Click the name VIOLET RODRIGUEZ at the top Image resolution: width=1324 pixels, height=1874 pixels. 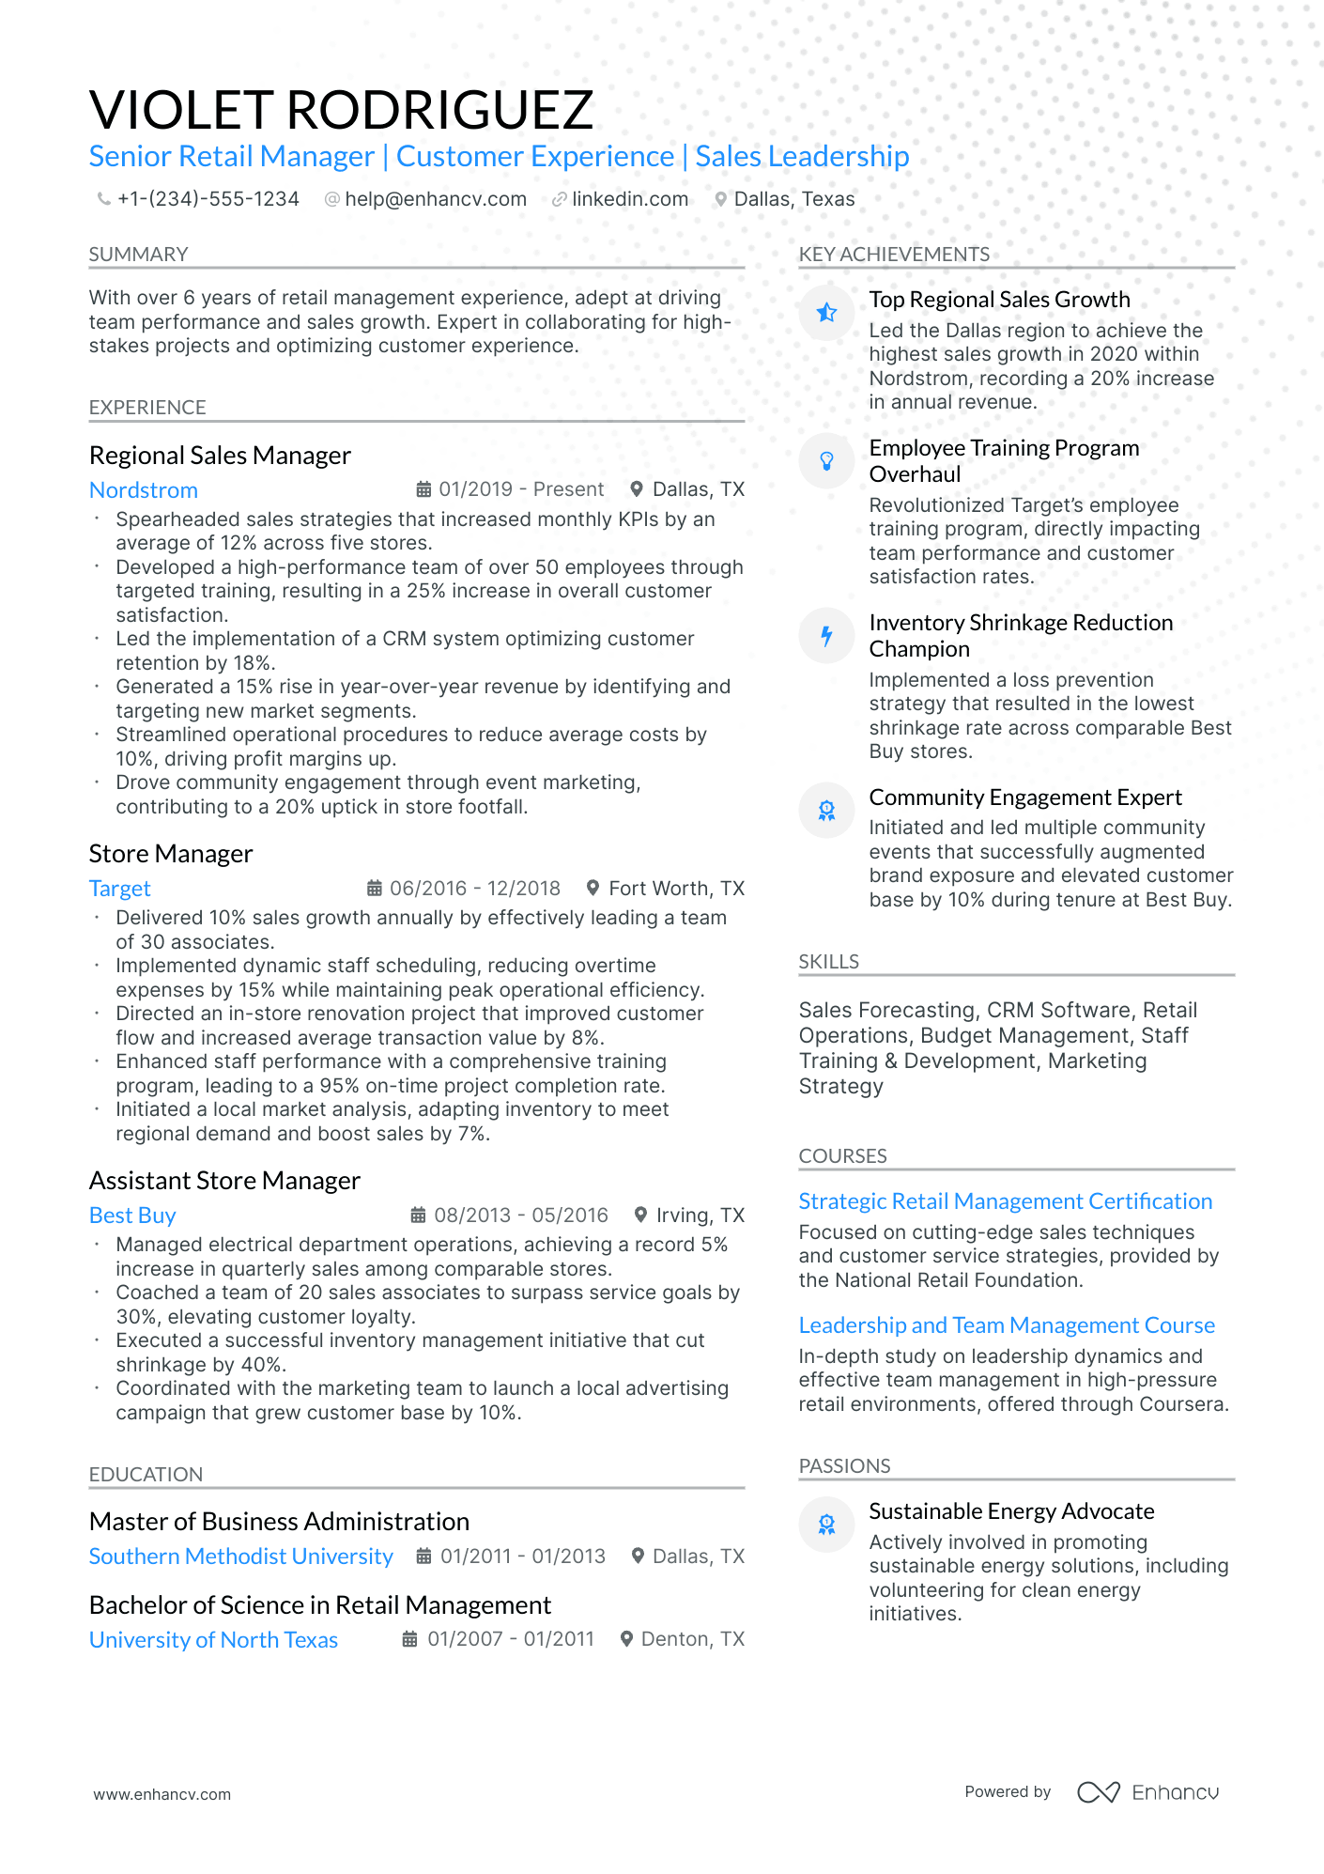point(341,110)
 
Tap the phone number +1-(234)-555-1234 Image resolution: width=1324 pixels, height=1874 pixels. point(208,199)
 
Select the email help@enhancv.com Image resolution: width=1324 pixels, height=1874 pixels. point(435,199)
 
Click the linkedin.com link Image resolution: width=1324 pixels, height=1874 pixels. point(629,199)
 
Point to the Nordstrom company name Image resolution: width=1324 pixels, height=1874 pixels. point(143,490)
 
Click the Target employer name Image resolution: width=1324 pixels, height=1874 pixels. point(119,889)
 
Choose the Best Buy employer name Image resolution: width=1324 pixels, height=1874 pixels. point(132,1216)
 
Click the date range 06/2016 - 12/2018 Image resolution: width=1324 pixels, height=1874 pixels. point(474,889)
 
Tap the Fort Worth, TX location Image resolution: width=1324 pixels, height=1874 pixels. point(676,889)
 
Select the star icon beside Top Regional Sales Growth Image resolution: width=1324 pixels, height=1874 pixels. point(826,313)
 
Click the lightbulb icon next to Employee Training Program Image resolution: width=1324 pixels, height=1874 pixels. point(826,460)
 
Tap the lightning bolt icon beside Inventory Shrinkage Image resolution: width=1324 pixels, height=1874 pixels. point(826,636)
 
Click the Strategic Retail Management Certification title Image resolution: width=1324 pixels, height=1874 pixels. point(1005,1201)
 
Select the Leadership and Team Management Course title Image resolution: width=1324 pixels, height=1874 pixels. point(1007,1325)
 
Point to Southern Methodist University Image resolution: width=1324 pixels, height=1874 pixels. point(240,1557)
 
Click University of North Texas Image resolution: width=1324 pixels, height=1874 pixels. point(213,1640)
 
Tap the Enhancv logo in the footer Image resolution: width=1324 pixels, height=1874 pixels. point(1147,1792)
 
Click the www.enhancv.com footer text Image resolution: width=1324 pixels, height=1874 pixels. point(162,1794)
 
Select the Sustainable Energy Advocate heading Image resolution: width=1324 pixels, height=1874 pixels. point(1011,1511)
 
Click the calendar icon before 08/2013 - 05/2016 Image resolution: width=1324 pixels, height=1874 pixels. point(419,1216)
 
